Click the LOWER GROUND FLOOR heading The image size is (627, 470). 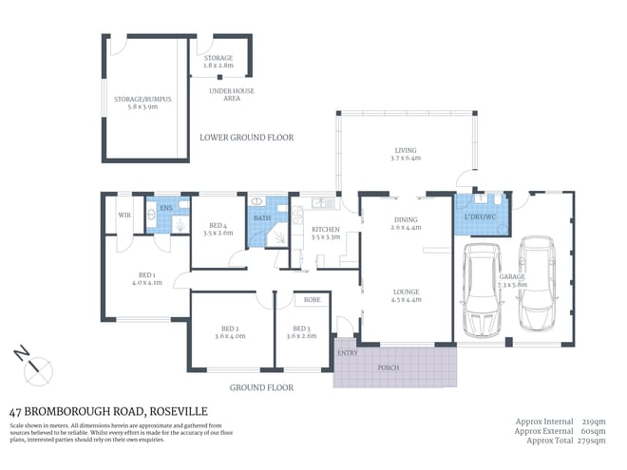(x=246, y=138)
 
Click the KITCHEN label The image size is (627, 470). (x=325, y=230)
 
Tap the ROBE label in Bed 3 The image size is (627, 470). (x=312, y=299)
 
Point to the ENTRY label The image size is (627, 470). (x=348, y=353)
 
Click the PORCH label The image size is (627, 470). (x=388, y=368)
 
